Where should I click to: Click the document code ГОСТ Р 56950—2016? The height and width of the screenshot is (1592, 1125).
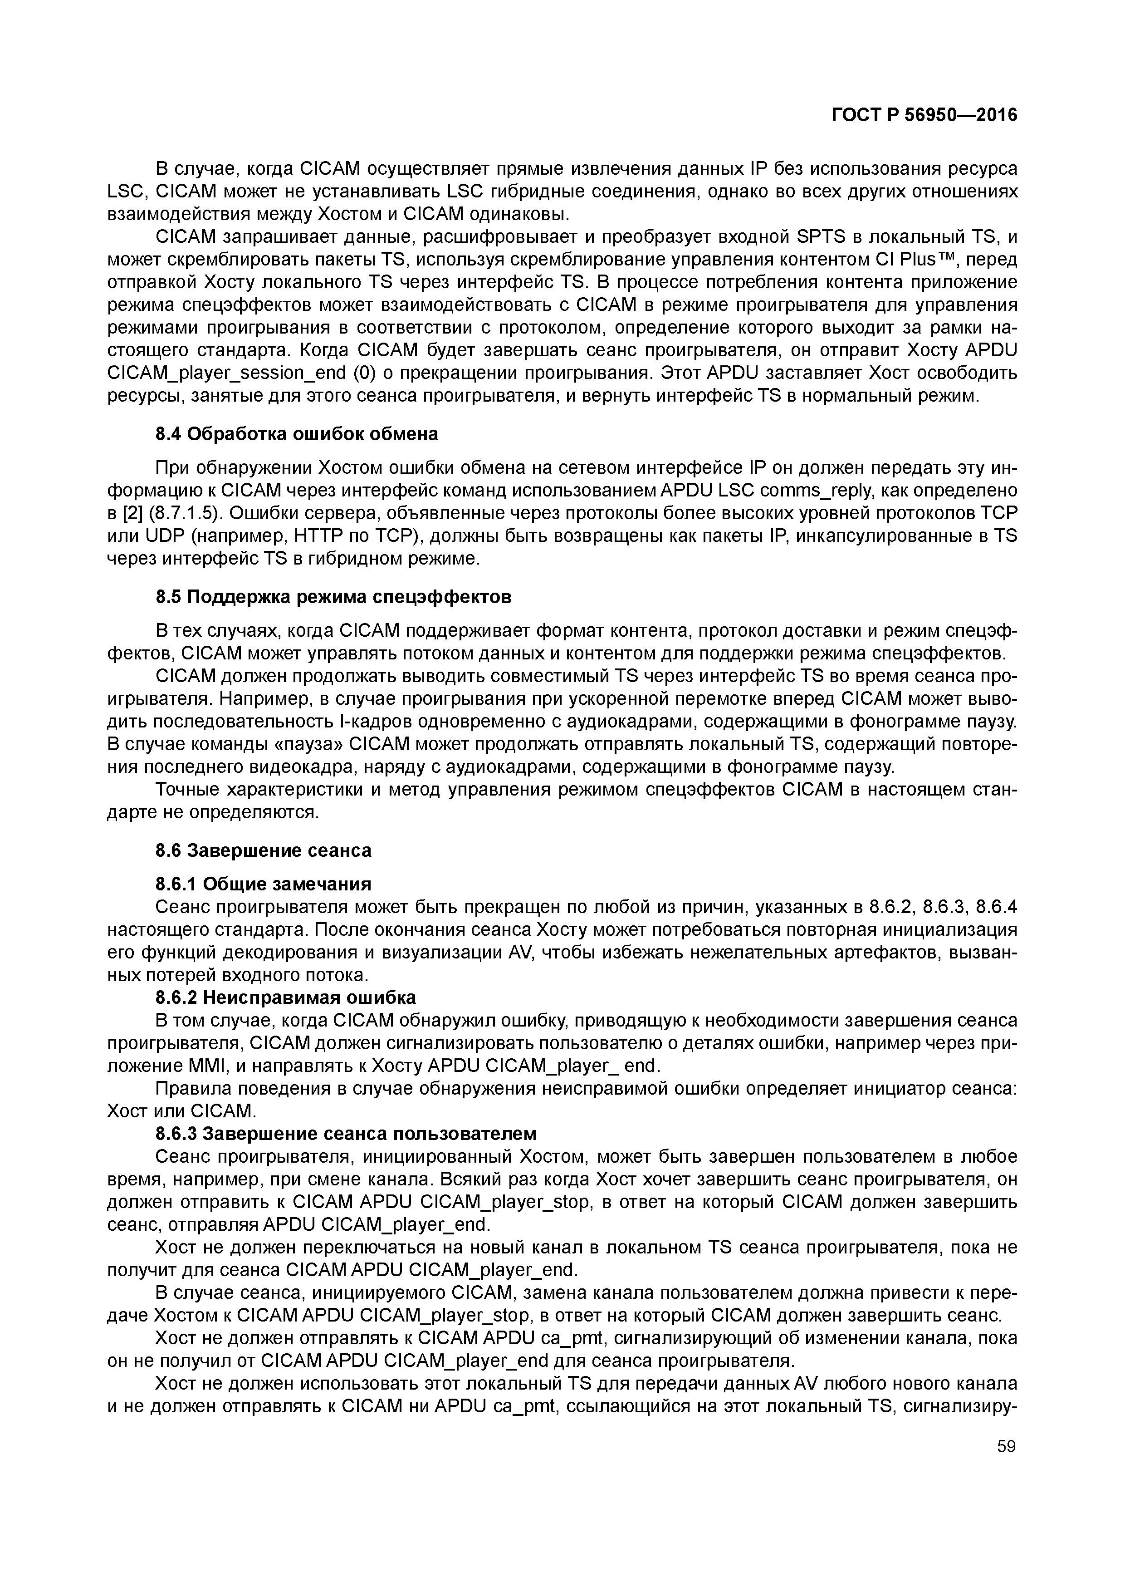click(x=924, y=116)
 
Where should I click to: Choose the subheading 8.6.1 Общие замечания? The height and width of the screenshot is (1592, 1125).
click(x=264, y=884)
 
